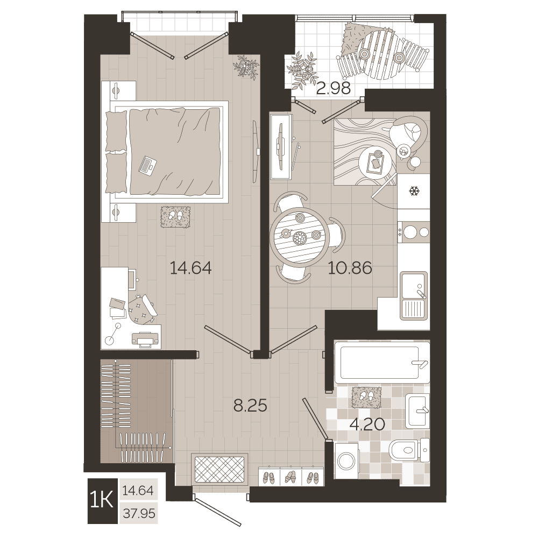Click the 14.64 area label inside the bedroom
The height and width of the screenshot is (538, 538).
pyautogui.click(x=191, y=268)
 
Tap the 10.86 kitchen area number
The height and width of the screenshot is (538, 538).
pyautogui.click(x=350, y=268)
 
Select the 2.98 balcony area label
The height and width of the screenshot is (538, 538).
pyautogui.click(x=334, y=89)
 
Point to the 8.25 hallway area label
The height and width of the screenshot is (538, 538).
pyautogui.click(x=250, y=406)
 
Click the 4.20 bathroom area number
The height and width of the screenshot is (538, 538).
pyautogui.click(x=367, y=424)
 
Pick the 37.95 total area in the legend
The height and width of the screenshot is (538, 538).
pyautogui.click(x=139, y=514)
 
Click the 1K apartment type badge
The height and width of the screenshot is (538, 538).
pyautogui.click(x=102, y=501)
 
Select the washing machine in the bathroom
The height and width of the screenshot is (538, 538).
pyautogui.click(x=346, y=460)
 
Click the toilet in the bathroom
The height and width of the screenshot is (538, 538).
pyautogui.click(x=409, y=449)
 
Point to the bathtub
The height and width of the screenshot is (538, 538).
pyautogui.click(x=382, y=362)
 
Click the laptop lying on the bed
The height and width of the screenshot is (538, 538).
pyautogui.click(x=148, y=166)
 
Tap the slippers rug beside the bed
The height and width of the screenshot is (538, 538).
pyautogui.click(x=175, y=216)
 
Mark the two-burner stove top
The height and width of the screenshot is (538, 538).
pyautogui.click(x=413, y=232)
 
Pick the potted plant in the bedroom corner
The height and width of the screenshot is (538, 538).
pyautogui.click(x=245, y=67)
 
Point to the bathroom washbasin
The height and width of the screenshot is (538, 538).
pyautogui.click(x=417, y=410)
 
